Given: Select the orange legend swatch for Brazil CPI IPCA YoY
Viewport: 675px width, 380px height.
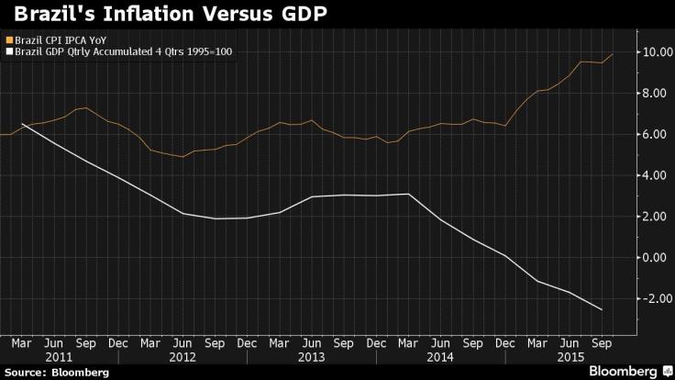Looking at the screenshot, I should (8, 40).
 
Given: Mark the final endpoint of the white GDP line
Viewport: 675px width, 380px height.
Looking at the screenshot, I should (602, 310).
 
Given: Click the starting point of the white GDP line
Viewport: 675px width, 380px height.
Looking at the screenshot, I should (22, 123).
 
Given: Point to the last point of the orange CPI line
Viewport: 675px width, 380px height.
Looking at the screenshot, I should (613, 54).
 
